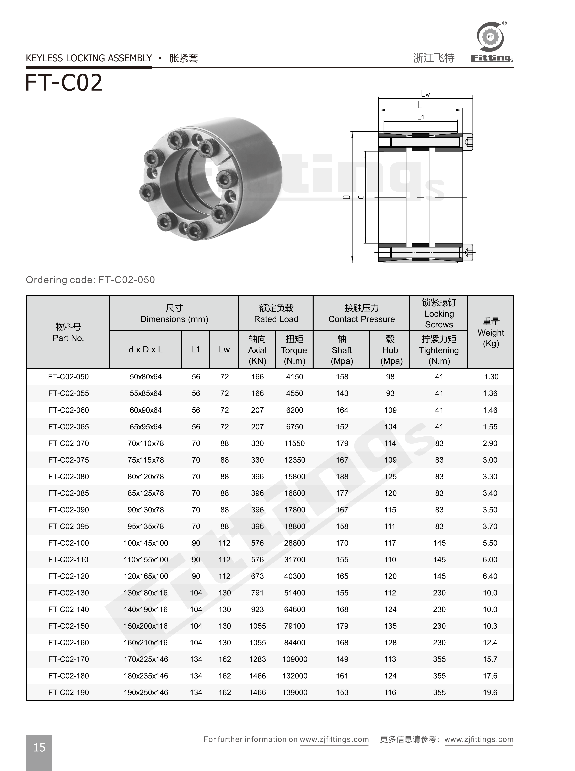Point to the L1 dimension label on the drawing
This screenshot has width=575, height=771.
[421, 117]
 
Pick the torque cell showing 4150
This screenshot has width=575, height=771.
[295, 377]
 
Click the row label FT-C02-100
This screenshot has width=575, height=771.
[69, 543]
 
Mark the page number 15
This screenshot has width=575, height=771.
[39, 747]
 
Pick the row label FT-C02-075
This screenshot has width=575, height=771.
[69, 460]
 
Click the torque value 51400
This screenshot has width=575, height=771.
[295, 593]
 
